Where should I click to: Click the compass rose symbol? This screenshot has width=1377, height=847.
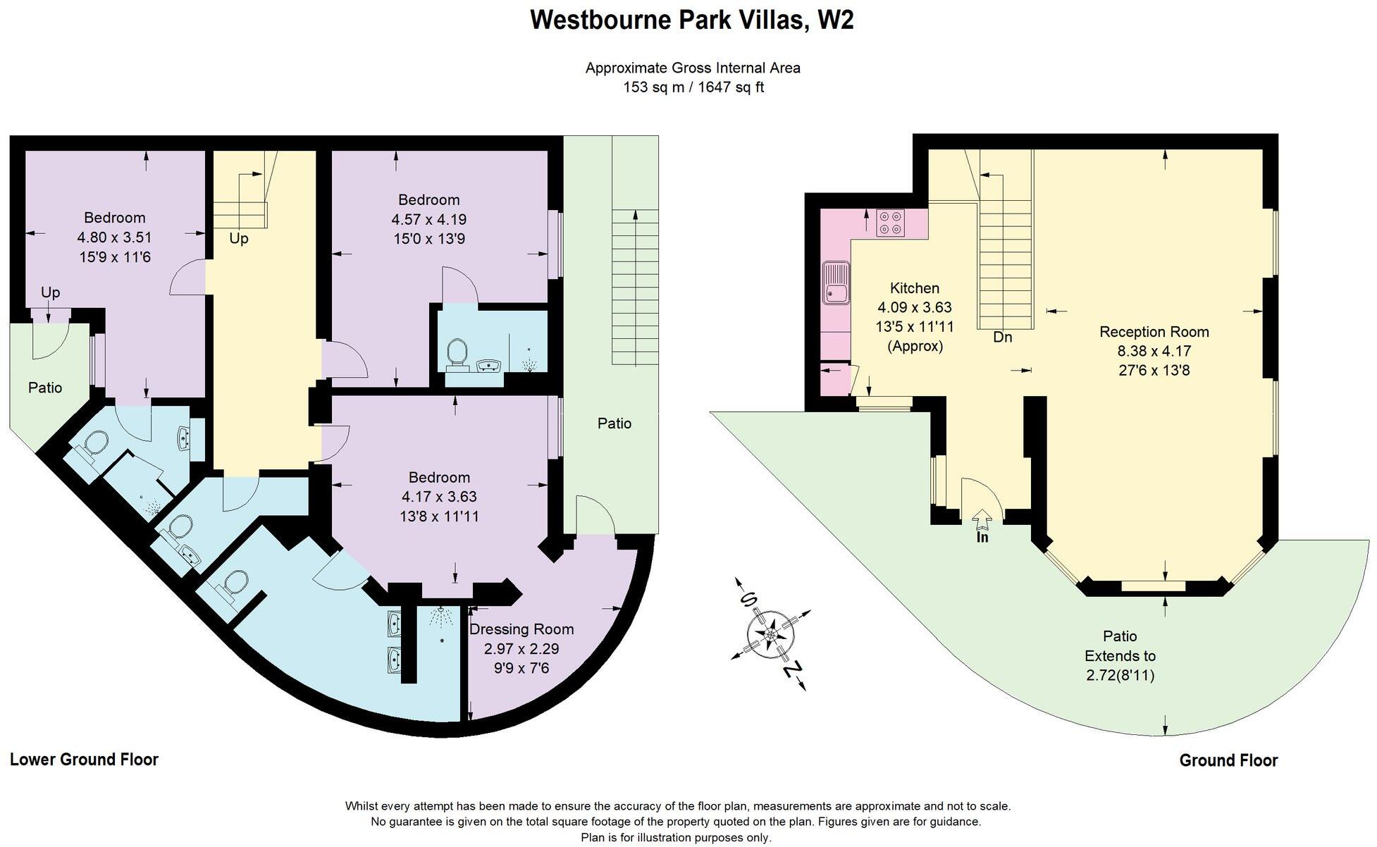pyautogui.click(x=770, y=634)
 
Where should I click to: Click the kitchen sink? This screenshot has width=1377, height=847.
pyautogui.click(x=836, y=283)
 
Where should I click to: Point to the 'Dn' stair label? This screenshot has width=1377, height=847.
pyautogui.click(x=1002, y=338)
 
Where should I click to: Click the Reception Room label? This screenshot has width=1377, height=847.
pyautogui.click(x=1154, y=332)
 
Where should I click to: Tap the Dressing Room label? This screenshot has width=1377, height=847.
pyautogui.click(x=521, y=629)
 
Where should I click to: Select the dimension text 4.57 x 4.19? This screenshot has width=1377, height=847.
pyautogui.click(x=428, y=220)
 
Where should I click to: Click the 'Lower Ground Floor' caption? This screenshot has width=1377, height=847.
pyautogui.click(x=84, y=760)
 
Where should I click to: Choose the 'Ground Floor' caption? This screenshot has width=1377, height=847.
pyautogui.click(x=1228, y=760)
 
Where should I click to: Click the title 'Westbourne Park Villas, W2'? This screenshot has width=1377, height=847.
pyautogui.click(x=691, y=20)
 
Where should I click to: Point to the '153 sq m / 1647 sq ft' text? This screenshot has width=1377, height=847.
pyautogui.click(x=693, y=87)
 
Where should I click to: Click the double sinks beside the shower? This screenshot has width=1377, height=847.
pyautogui.click(x=394, y=641)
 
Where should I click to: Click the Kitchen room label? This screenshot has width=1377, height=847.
pyautogui.click(x=914, y=288)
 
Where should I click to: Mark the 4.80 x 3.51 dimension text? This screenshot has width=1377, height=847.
pyautogui.click(x=115, y=237)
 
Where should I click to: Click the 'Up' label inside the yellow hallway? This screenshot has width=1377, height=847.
pyautogui.click(x=238, y=239)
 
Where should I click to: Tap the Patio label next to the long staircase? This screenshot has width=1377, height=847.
pyautogui.click(x=614, y=423)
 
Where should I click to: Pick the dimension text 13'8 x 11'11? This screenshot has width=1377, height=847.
pyautogui.click(x=438, y=517)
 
